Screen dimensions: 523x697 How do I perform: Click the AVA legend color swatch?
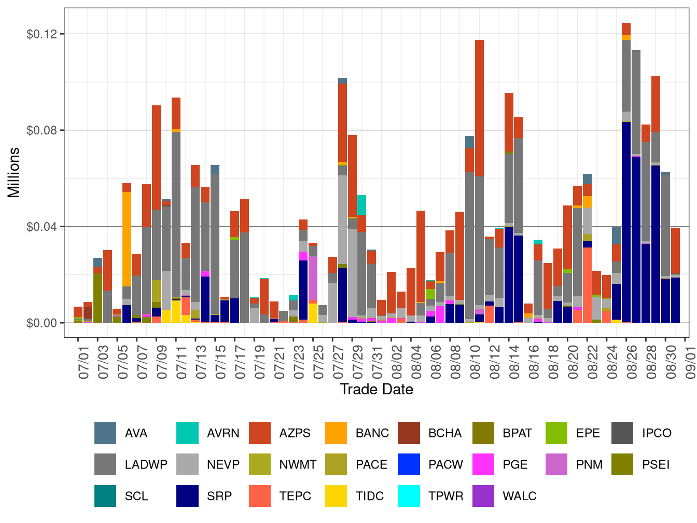105,433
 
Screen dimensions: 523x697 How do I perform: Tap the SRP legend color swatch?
187,496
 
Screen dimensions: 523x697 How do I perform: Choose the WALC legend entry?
519,496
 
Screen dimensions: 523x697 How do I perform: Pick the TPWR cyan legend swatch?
409,496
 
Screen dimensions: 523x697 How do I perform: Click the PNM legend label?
589,464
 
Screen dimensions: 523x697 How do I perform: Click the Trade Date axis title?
377,390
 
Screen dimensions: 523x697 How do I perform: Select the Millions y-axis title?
14,172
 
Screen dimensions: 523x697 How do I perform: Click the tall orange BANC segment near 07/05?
127,239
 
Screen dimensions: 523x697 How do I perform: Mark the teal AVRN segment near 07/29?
362,204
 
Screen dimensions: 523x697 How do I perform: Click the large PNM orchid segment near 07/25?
313,277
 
